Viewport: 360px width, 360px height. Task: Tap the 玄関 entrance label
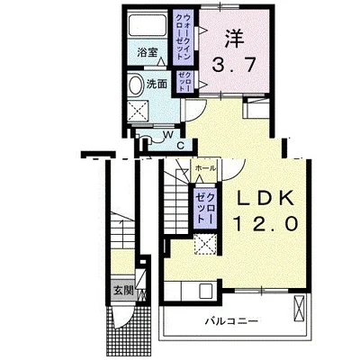tap(122, 290)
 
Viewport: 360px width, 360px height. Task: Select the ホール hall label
tap(204, 168)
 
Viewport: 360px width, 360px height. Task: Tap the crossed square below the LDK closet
tap(207, 245)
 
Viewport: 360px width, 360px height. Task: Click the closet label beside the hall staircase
tap(205, 209)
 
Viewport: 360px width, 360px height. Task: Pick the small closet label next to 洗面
tap(184, 80)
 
